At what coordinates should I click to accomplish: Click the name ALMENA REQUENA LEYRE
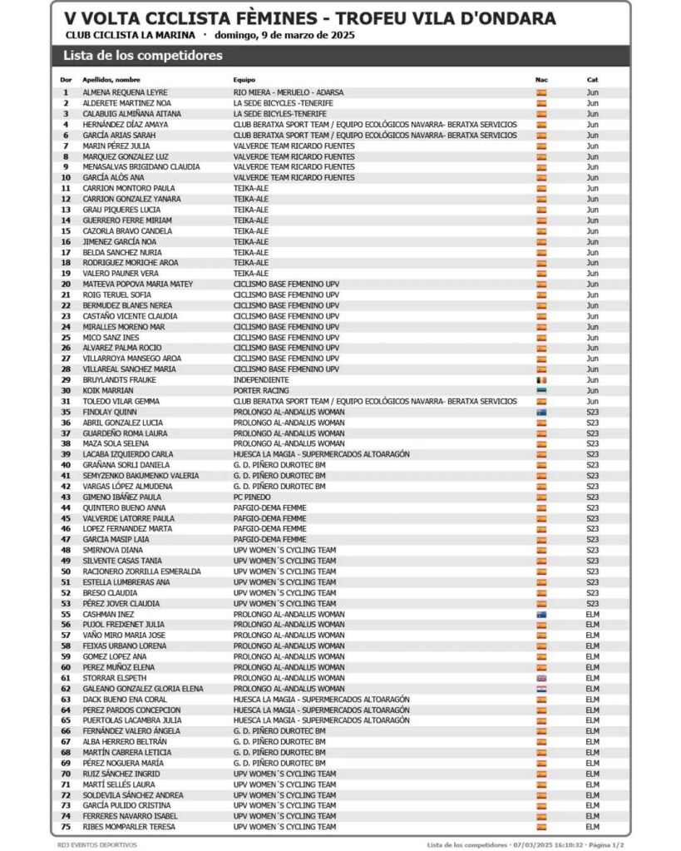point(125,92)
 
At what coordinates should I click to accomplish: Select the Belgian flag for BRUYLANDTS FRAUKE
point(541,380)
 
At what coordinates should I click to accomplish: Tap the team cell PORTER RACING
point(261,390)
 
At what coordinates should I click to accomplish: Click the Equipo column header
point(244,80)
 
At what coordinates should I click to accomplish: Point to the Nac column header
point(541,80)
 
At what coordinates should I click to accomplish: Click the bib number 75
point(66,827)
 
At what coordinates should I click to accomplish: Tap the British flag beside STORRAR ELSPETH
point(541,678)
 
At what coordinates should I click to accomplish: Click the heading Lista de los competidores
point(143,56)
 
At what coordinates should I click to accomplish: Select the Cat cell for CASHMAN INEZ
point(592,614)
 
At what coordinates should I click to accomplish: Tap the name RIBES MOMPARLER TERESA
point(130,827)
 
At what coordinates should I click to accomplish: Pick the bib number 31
point(66,401)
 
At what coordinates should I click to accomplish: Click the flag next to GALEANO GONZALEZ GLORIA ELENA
point(541,689)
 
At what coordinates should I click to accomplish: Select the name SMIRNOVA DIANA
point(113,550)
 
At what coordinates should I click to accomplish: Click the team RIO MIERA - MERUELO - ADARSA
point(289,92)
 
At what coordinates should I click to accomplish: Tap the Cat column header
point(592,80)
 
